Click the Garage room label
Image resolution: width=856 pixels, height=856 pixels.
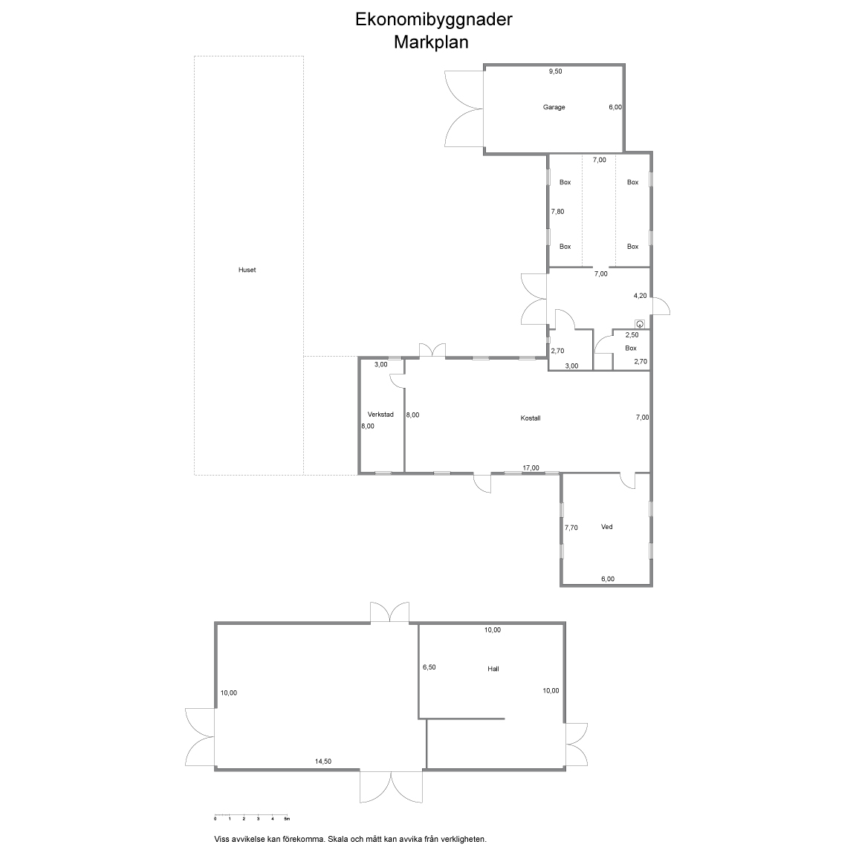pos(554,107)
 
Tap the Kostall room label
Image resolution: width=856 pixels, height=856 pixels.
pos(530,418)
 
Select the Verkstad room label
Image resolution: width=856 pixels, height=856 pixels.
pos(380,415)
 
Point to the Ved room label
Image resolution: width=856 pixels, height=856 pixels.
pos(606,527)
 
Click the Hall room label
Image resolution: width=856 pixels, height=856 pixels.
pos(493,669)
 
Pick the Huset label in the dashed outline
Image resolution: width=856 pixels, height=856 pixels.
pos(247,270)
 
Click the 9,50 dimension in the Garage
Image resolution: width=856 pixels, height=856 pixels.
pos(555,71)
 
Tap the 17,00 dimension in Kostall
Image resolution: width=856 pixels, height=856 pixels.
pos(531,468)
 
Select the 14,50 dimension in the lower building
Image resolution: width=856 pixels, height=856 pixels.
pos(322,762)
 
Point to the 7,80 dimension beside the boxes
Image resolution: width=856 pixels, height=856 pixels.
pos(557,212)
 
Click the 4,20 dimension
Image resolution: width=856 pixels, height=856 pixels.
pos(640,296)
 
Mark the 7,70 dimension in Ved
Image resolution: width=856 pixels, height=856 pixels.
pos(571,528)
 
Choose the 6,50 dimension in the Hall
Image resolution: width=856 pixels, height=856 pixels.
pos(429,667)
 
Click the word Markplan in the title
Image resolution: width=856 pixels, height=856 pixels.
pos(431,42)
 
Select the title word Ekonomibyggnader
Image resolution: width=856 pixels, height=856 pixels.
pos(433,19)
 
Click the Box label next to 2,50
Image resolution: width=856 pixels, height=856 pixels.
pos(631,348)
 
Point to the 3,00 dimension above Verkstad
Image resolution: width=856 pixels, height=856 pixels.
pos(380,365)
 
